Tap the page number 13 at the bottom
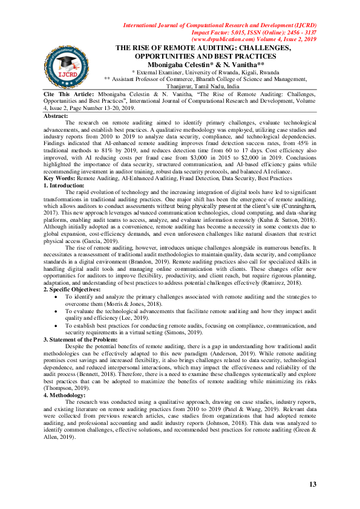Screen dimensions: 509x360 click(x=313, y=485)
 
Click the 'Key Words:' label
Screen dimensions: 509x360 click(x=59, y=161)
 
